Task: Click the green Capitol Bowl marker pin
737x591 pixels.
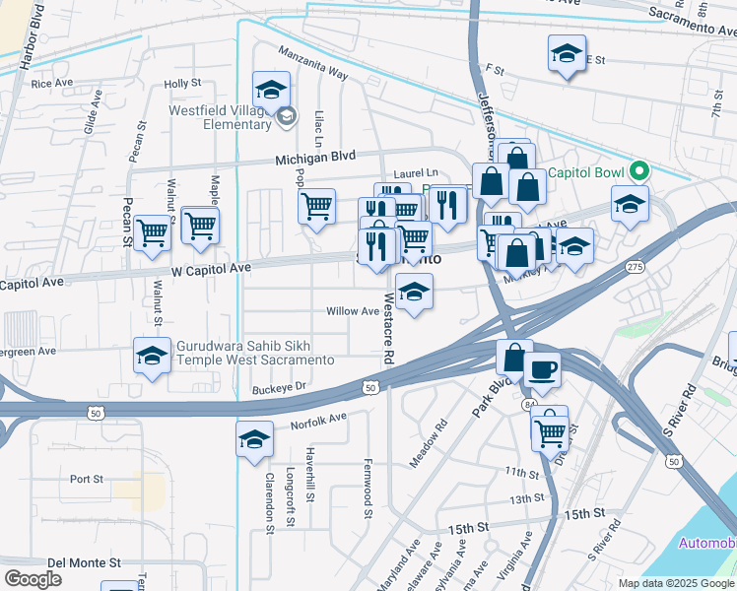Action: point(639,171)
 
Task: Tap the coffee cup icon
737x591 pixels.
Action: point(543,370)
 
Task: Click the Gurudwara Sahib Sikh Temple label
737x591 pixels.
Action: point(254,353)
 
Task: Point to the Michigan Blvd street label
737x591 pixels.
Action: point(315,158)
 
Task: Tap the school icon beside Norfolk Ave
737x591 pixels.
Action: point(254,438)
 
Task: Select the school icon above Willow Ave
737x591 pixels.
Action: point(414,292)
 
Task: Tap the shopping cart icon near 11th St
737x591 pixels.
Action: point(550,429)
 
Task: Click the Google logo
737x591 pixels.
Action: point(33,578)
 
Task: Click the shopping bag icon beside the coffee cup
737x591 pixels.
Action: point(514,357)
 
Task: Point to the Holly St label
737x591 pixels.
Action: point(183,85)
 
